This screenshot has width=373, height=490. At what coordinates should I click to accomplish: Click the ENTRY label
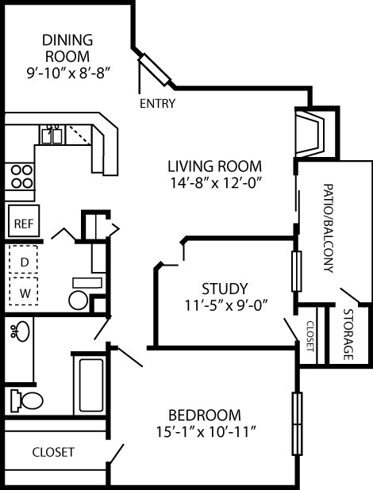point(157,103)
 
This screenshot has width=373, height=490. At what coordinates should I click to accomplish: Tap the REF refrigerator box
point(24,220)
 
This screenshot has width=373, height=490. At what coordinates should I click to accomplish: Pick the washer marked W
point(24,291)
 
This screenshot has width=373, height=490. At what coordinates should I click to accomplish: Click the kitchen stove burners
point(21,177)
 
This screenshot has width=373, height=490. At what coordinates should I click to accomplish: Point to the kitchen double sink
point(52,134)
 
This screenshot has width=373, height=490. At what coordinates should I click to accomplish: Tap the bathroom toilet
point(26,400)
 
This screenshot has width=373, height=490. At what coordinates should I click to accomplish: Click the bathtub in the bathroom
point(91,385)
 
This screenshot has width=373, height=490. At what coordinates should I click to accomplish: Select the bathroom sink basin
point(21,331)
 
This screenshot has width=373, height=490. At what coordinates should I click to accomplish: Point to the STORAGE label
point(348,335)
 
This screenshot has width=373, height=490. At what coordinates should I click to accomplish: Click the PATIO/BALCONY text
point(329,228)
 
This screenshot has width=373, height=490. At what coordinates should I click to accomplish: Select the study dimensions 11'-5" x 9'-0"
point(226,305)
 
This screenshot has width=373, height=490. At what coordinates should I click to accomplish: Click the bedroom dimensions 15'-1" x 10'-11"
point(206,432)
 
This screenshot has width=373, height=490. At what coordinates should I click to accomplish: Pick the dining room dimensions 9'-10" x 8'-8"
point(69,73)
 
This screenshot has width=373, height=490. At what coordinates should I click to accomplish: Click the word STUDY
point(225,289)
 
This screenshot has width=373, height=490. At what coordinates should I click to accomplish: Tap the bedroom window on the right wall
point(297,423)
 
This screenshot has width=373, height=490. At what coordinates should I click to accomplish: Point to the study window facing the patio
point(296,271)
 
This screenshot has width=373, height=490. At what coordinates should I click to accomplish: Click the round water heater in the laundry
point(79,301)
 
